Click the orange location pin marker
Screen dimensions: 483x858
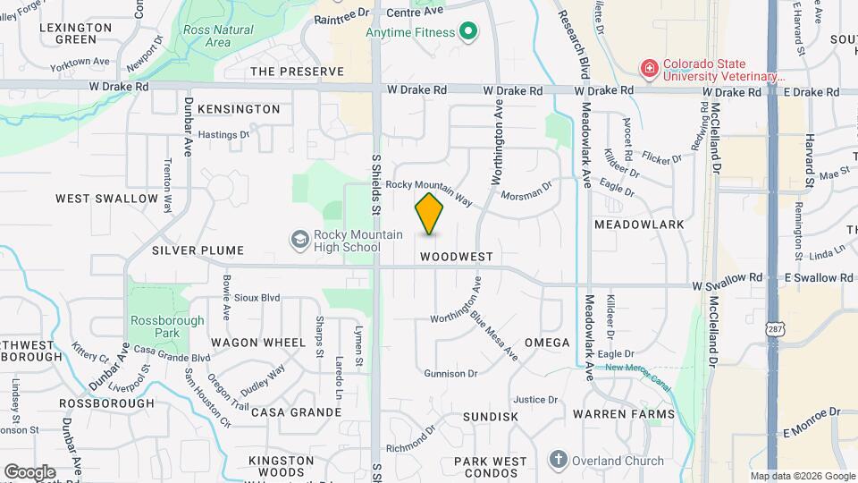[x=429, y=214]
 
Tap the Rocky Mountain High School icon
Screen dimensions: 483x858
[x=299, y=239]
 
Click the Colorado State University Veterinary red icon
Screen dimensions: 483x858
[x=648, y=68]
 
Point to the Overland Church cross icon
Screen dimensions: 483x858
[x=558, y=461]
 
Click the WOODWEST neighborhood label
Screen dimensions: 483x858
[x=456, y=256]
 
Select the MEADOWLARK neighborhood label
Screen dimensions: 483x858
[x=638, y=225]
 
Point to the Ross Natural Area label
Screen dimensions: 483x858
[x=217, y=36]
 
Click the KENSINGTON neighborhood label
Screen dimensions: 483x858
[x=239, y=109]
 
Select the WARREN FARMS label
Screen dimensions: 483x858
[x=623, y=415]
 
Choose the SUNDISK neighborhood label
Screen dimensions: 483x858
[x=491, y=417]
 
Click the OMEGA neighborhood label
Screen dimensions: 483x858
[x=547, y=343]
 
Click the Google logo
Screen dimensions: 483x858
[x=29, y=471]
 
